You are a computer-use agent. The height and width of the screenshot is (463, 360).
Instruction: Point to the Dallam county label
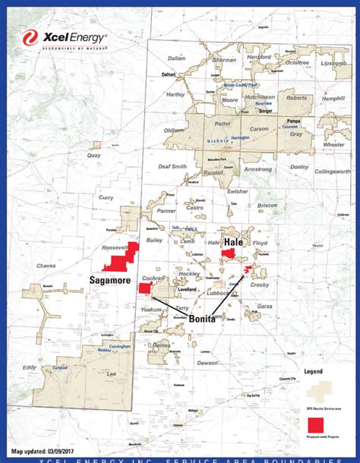click(176, 58)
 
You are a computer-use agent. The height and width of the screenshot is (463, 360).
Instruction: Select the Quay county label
click(94, 155)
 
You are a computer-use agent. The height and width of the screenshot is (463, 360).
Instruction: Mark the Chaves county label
click(46, 266)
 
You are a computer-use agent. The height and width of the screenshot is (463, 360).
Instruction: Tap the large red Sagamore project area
click(118, 260)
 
